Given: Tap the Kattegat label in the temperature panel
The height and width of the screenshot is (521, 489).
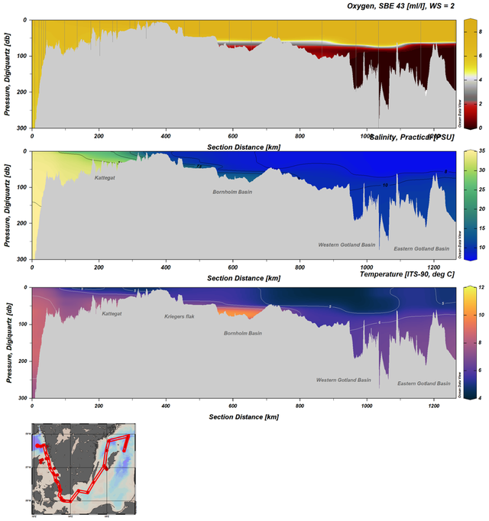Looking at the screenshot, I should coord(114,314).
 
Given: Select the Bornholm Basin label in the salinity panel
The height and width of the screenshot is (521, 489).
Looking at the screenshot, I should coord(232,192).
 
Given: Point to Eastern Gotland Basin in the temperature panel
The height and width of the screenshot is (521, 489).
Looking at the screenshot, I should coord(421,383).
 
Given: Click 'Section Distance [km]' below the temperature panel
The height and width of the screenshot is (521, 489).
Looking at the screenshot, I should coord(243,417).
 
